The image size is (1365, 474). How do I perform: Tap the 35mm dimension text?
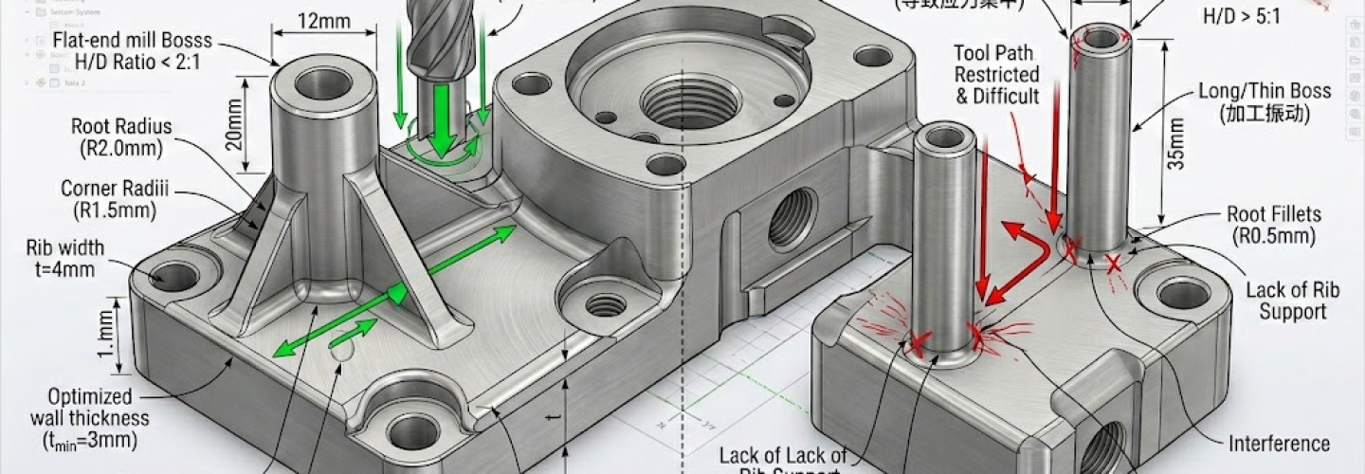coord(1176,142)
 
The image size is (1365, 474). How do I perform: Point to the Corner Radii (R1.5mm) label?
coord(109,199)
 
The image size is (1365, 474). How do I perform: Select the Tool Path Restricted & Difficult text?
coord(995,74)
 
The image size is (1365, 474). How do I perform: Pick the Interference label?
coord(1279,444)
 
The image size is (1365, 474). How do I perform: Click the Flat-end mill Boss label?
coord(133,51)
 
